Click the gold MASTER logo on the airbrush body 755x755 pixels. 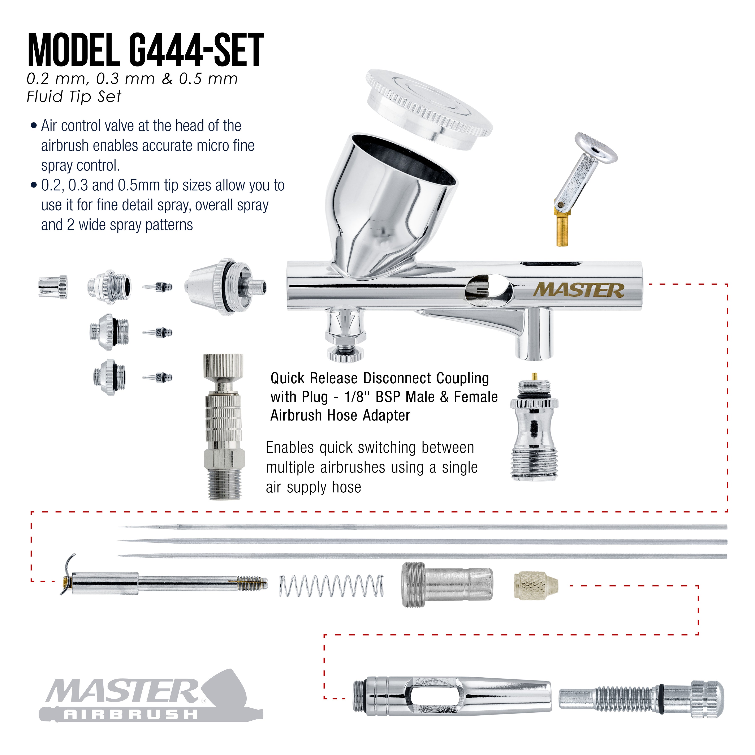coord(579,290)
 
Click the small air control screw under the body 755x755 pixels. coord(345,334)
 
